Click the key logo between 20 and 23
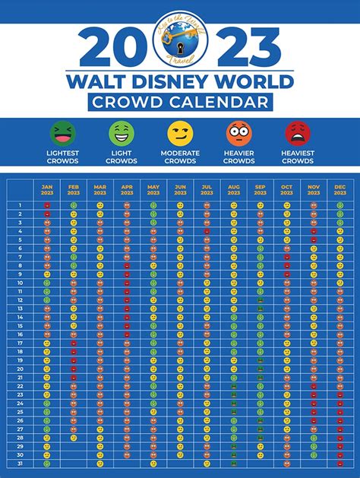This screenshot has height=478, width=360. [178, 40]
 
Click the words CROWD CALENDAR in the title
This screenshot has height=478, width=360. [179, 102]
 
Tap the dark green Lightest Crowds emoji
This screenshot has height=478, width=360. [62, 134]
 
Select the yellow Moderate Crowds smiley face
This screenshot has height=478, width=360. [180, 134]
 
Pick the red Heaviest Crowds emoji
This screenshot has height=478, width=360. [298, 134]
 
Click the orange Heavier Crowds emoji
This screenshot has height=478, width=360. [239, 134]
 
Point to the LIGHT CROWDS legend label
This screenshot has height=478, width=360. [122, 157]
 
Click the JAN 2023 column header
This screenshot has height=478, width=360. [47, 189]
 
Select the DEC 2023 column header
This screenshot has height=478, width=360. [339, 189]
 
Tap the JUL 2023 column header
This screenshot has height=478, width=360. [207, 189]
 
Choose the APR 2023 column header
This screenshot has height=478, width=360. [127, 189]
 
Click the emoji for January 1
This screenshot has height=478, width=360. [47, 205]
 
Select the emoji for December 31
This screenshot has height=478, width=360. [339, 464]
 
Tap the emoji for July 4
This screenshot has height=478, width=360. [207, 231]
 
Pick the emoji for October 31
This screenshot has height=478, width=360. [286, 464]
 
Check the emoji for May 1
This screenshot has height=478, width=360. [153, 205]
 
